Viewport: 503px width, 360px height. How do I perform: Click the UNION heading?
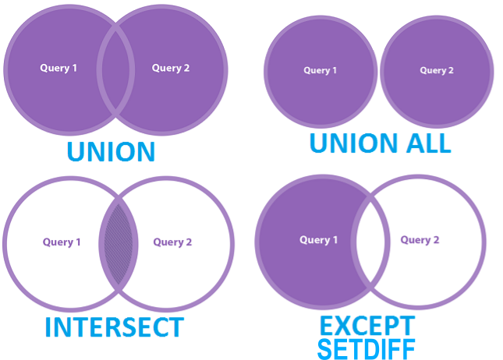pos(110,151)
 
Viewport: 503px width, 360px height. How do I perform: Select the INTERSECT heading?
pos(114,327)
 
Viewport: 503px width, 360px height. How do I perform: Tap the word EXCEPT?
pos(367,325)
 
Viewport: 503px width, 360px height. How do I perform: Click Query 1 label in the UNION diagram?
pos(58,68)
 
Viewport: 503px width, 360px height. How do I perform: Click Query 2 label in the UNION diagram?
pos(170,68)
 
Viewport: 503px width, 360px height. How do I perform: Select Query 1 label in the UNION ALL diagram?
pos(321,71)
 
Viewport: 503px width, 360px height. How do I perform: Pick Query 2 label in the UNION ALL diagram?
pos(437,71)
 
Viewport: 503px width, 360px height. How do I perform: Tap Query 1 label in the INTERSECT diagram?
pos(62,242)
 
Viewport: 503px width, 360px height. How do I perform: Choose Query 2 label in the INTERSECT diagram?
pos(172,242)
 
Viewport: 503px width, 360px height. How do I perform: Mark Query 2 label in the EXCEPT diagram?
pos(420,240)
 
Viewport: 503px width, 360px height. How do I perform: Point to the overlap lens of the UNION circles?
pos(115,69)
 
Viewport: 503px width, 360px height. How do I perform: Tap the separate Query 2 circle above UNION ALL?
pos(437,94)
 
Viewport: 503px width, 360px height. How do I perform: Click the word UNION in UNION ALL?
pos(348,143)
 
